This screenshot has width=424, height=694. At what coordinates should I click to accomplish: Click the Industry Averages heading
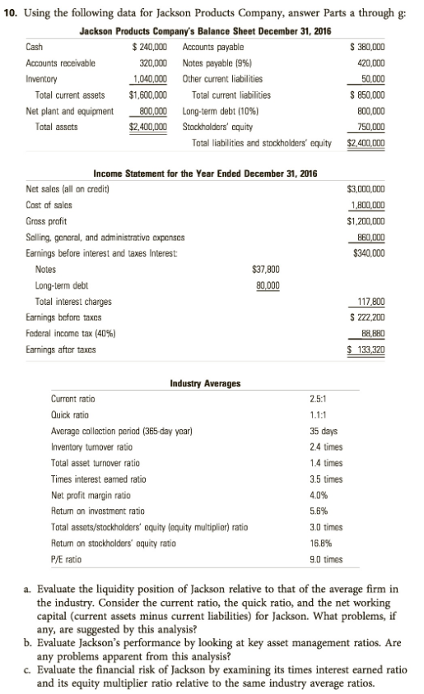tap(205, 383)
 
